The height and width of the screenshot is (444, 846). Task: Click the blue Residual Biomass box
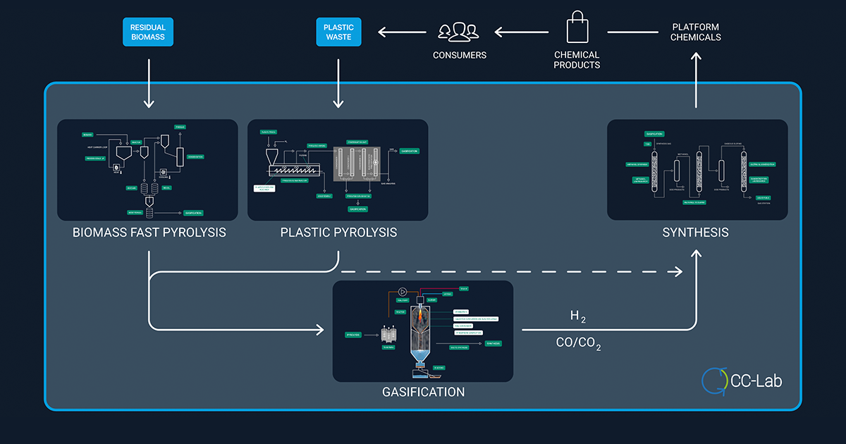pyautogui.click(x=148, y=32)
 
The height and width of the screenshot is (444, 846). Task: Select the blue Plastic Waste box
pyautogui.click(x=338, y=32)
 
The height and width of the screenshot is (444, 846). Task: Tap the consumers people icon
pyautogui.click(x=458, y=31)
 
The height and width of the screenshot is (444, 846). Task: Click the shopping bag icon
pyautogui.click(x=577, y=30)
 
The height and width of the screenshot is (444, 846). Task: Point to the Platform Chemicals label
pyautogui.click(x=695, y=32)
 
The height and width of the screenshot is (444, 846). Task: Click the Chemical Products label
pyautogui.click(x=577, y=60)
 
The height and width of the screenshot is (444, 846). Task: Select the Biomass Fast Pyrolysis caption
pyautogui.click(x=149, y=232)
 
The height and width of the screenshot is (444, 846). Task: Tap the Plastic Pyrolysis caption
pyautogui.click(x=338, y=232)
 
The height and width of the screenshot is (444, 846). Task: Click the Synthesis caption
pyautogui.click(x=695, y=232)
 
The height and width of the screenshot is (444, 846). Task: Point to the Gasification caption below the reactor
pyautogui.click(x=423, y=392)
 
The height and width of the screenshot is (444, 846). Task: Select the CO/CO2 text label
pyautogui.click(x=578, y=345)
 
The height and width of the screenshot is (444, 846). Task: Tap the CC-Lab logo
pyautogui.click(x=742, y=381)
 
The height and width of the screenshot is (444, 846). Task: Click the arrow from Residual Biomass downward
pyautogui.click(x=149, y=84)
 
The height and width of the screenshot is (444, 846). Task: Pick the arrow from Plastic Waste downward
pyautogui.click(x=338, y=84)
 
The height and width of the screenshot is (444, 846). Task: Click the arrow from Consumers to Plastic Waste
pyautogui.click(x=402, y=32)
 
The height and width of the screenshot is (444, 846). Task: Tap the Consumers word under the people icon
pyautogui.click(x=458, y=55)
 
